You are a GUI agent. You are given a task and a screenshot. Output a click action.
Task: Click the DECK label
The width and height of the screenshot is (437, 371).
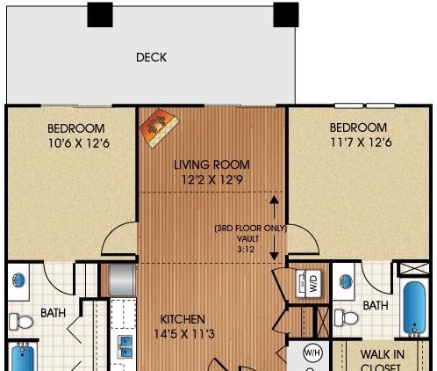pyautogui.click(x=151, y=58)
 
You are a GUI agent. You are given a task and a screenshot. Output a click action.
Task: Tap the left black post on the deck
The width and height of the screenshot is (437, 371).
pyautogui.click(x=101, y=14)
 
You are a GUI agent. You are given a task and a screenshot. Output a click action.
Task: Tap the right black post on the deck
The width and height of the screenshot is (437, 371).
pyautogui.click(x=285, y=14)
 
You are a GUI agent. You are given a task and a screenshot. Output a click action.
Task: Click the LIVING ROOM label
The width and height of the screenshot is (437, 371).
pyautogui.click(x=211, y=164)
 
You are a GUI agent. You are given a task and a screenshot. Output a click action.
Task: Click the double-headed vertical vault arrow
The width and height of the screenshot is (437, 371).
pyautogui.click(x=274, y=228)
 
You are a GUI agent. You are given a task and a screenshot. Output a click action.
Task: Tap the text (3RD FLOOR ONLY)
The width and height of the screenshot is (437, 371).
pyautogui.click(x=242, y=229)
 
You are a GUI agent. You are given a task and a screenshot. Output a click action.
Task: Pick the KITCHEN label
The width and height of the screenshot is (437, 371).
pyautogui.click(x=183, y=318)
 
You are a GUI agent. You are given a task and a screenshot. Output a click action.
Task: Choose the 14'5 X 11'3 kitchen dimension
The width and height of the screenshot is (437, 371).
pyautogui.click(x=183, y=333)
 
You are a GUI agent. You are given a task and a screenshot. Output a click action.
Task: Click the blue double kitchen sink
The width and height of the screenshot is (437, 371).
pyautogui.click(x=124, y=342)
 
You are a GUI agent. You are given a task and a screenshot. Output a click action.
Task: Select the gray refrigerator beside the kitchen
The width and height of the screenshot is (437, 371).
pyautogui.click(x=121, y=280)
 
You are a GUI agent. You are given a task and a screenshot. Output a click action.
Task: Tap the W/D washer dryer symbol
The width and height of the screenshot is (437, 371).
pyautogui.click(x=313, y=283)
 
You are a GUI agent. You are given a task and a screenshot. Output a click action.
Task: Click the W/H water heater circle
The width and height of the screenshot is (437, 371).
pyautogui.click(x=312, y=353)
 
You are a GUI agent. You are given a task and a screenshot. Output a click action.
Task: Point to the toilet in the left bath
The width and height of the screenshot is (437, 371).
pyautogui.click(x=24, y=324)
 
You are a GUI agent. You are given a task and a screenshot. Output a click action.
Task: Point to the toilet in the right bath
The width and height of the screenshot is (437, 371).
pyautogui.click(x=347, y=317)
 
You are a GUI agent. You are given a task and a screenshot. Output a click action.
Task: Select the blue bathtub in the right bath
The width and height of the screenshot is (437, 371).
pyautogui.click(x=414, y=307)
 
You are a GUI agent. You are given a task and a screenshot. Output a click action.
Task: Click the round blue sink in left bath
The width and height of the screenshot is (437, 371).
pyautogui.click(x=20, y=283)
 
